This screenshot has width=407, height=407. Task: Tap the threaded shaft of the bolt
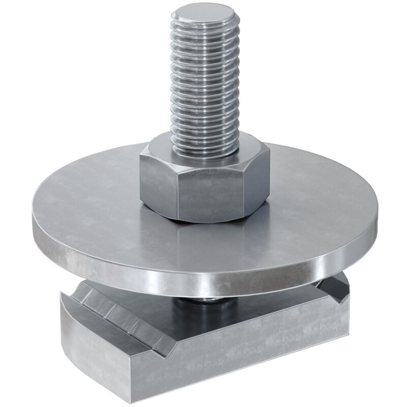pyautogui.click(x=204, y=81)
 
